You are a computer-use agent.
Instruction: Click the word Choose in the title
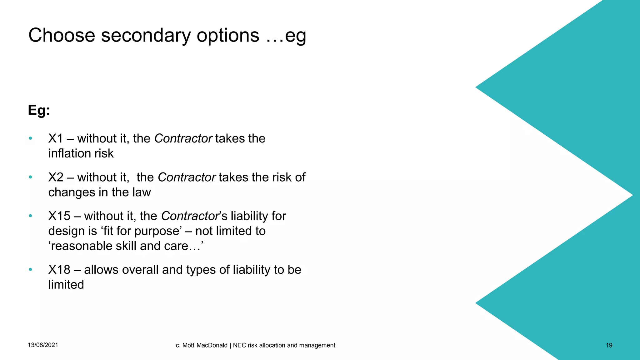point(62,35)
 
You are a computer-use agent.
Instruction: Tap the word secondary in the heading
point(146,35)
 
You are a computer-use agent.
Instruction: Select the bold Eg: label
point(39,110)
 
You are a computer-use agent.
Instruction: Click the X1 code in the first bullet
point(56,138)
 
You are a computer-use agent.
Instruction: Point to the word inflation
point(67,153)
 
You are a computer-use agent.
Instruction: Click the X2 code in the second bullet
point(56,177)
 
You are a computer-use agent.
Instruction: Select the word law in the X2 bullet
point(141,192)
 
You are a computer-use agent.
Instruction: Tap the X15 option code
point(59,216)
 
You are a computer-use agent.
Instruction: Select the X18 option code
point(59,270)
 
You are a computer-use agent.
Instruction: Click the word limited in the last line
point(66,285)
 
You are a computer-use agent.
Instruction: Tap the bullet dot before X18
point(30,269)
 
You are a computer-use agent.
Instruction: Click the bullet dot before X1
point(30,138)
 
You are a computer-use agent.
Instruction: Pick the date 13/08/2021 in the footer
point(43,345)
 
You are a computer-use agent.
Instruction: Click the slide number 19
point(609,345)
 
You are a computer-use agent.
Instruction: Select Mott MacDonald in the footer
point(205,345)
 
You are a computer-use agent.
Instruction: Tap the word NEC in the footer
point(239,345)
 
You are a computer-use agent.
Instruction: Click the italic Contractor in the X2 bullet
point(187,177)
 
